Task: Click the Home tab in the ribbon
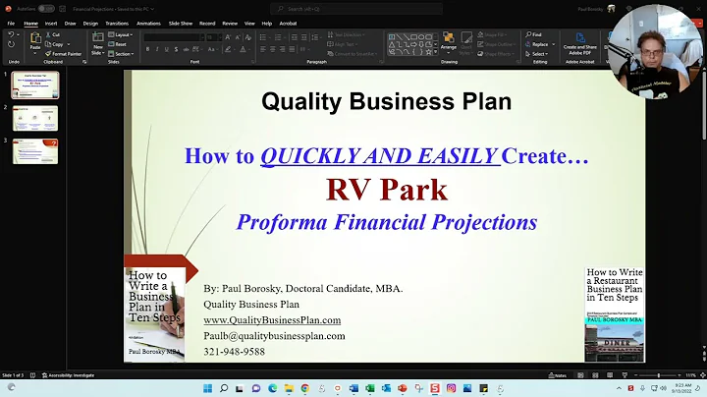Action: tap(30, 23)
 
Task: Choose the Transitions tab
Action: tap(116, 23)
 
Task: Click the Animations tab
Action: tap(149, 23)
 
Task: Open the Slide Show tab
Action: tap(180, 23)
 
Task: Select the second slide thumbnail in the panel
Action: tap(34, 119)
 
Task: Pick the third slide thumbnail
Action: tap(34, 151)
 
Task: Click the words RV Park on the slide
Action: tap(386, 189)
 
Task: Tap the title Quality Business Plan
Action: tap(386, 100)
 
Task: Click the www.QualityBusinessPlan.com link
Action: tap(272, 320)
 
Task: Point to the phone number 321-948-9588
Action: tap(234, 352)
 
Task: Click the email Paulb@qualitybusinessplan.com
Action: tap(274, 336)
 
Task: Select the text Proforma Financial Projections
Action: tap(386, 222)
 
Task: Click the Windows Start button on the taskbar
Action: tap(207, 388)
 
